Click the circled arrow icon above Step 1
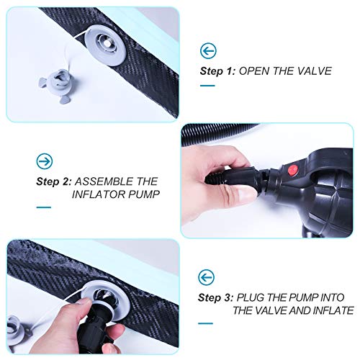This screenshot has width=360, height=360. [x=208, y=51]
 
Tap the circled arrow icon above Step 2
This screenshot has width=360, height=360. [x=45, y=161]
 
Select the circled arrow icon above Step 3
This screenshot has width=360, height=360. [x=206, y=277]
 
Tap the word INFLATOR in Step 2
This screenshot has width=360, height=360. [x=99, y=194]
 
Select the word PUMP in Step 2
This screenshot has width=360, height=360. [x=144, y=194]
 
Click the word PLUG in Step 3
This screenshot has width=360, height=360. [x=251, y=297]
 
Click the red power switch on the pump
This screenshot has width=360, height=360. [x=293, y=170]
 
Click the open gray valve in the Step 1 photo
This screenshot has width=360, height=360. [x=106, y=45]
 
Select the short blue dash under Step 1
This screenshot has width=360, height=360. [x=207, y=86]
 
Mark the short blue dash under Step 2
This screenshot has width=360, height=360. [x=44, y=207]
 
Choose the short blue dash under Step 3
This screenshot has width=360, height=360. [x=205, y=323]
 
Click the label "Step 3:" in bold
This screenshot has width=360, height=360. [x=215, y=298]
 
